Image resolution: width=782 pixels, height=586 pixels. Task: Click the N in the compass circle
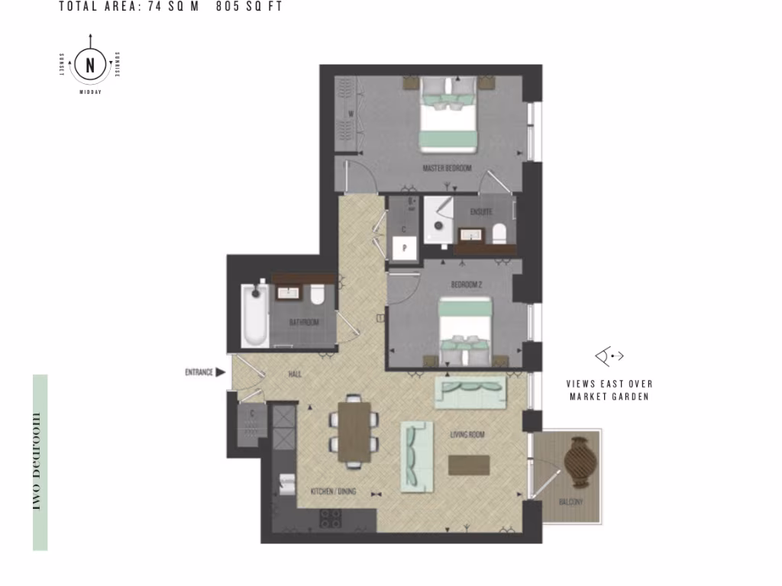[x=91, y=66]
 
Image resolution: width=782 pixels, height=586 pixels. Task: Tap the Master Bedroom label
[x=447, y=167]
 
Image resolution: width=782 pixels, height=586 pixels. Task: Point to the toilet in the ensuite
[x=500, y=233]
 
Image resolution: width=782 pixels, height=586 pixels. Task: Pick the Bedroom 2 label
[x=467, y=285]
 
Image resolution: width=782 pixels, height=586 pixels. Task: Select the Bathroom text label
[x=303, y=323]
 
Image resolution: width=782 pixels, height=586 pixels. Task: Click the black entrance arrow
[x=220, y=372]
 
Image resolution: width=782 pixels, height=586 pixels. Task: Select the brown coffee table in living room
[x=469, y=465]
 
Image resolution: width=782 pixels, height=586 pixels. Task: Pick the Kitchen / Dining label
[x=333, y=492]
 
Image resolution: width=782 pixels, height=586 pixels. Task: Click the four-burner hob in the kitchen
[x=330, y=520]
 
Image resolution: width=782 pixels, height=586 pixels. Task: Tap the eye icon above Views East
[x=609, y=356]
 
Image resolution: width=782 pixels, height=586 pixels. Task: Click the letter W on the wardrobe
[x=351, y=114]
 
